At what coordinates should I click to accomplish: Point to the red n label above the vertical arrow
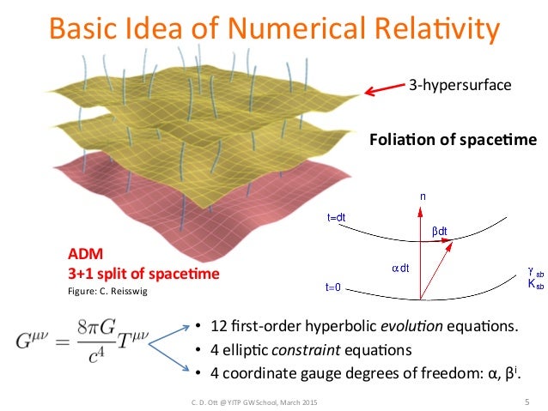point(422,196)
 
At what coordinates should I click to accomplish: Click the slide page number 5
point(526,401)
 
